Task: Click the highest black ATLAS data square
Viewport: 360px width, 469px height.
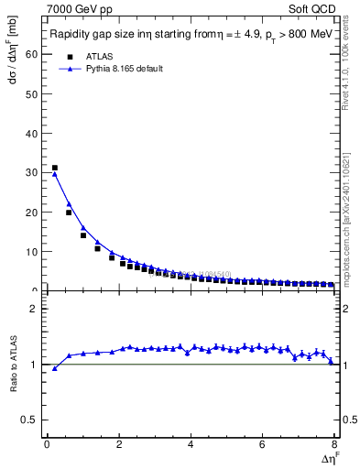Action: (x=55, y=168)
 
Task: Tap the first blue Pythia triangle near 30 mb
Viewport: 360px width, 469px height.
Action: (x=55, y=174)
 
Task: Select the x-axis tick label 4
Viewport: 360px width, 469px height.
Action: (x=191, y=445)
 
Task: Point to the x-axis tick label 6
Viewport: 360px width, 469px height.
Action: (x=262, y=445)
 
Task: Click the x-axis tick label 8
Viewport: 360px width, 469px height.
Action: (x=333, y=445)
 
